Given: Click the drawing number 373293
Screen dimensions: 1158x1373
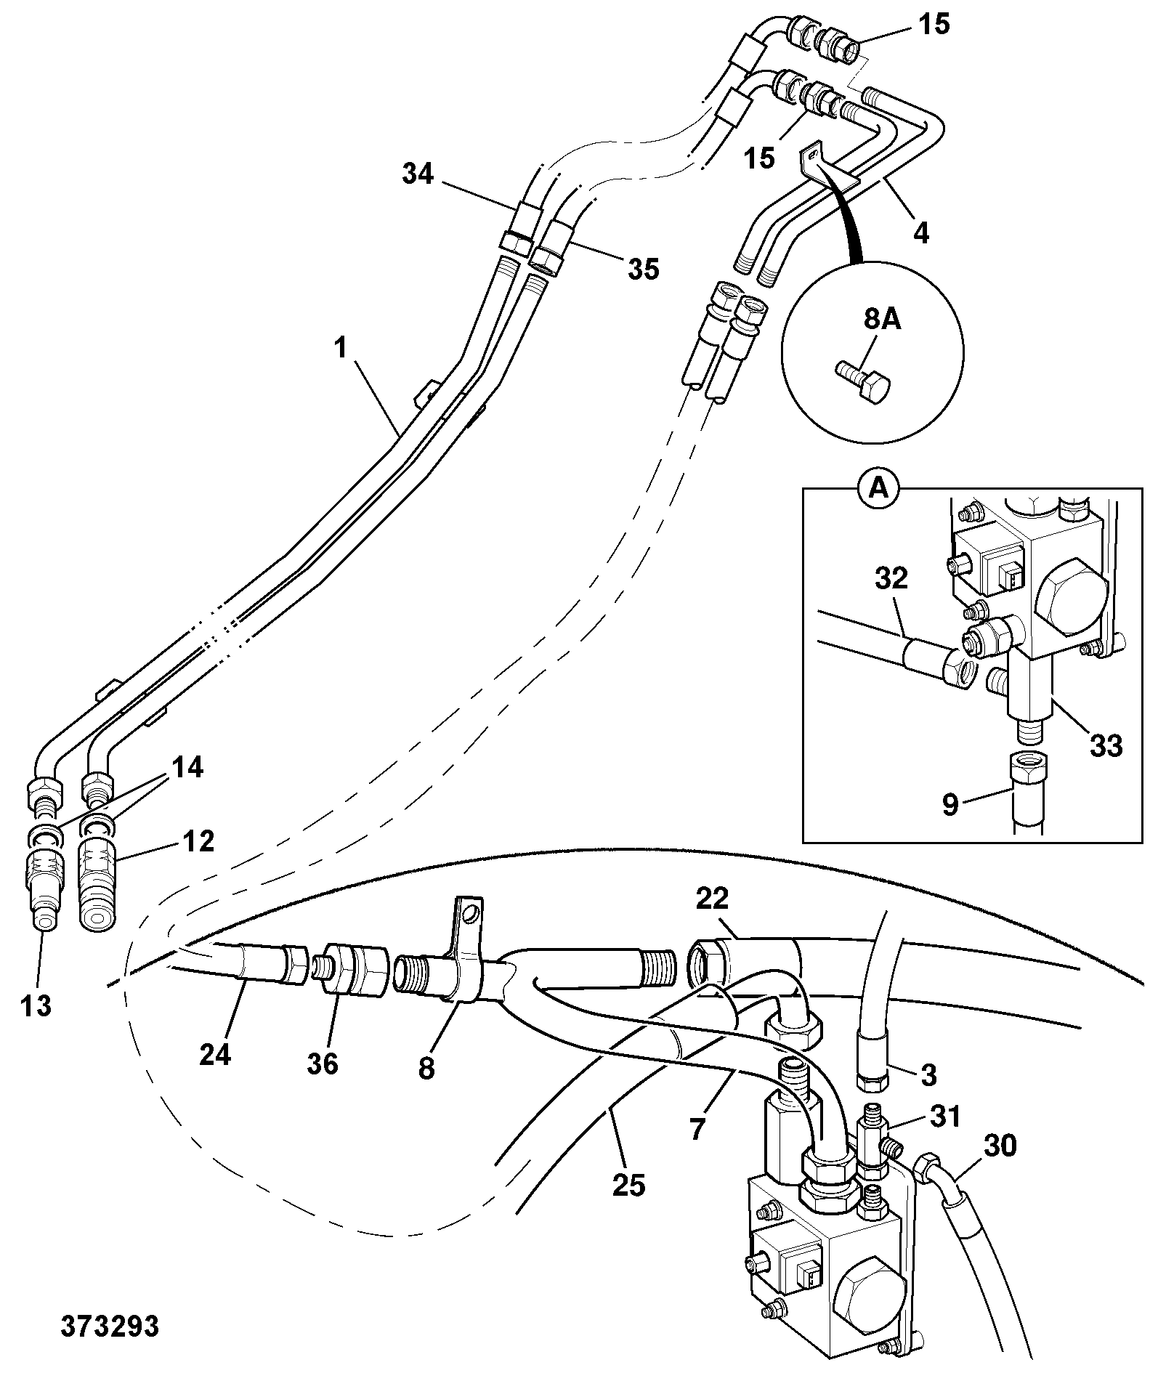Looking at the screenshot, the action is [110, 1327].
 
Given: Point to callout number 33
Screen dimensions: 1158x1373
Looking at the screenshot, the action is [1104, 745].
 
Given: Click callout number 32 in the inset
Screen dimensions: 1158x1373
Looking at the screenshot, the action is [891, 579].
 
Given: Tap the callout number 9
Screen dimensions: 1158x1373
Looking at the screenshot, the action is [950, 805].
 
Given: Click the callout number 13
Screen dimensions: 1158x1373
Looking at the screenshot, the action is [36, 1006].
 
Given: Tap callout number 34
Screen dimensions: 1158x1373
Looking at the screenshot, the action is [418, 175].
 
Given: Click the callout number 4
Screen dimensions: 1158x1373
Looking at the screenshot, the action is [920, 233].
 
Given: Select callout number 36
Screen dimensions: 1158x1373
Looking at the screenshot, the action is [322, 1064].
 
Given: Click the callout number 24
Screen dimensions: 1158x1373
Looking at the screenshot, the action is [215, 1053].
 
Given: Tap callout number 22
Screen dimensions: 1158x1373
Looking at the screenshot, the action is [712, 899].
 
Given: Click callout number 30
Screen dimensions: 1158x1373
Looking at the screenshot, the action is [999, 1146].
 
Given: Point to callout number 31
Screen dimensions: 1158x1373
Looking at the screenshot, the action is [944, 1116].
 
